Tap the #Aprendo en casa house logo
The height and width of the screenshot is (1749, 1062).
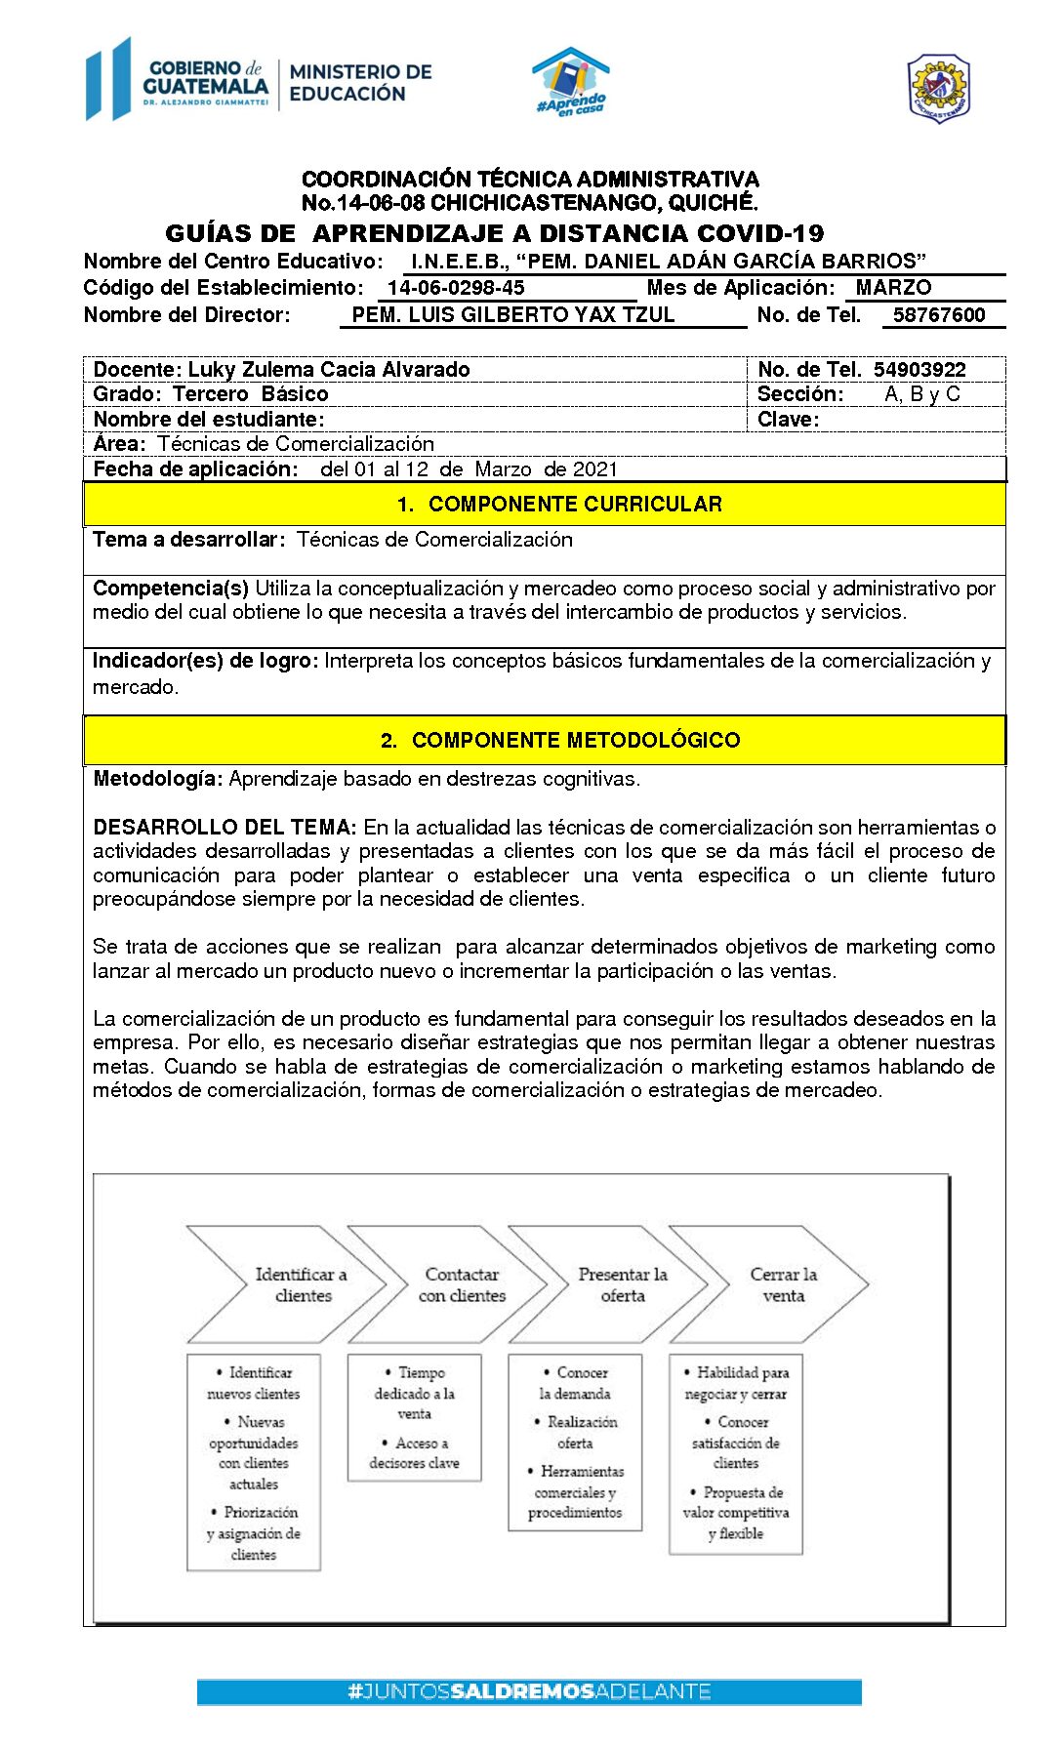571,82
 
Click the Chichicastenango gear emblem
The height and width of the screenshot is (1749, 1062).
938,89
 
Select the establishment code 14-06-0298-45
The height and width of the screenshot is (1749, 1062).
456,288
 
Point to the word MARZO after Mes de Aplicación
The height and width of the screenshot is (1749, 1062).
893,288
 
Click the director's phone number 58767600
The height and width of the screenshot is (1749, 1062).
939,315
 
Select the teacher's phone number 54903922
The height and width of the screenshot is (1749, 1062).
919,370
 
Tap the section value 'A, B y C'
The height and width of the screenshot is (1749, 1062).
922,394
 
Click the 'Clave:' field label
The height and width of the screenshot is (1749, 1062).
789,420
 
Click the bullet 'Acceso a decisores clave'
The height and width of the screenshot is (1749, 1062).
415,1453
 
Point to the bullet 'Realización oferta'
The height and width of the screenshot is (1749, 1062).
577,1433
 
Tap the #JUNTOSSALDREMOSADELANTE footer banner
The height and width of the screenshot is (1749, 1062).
529,1691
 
